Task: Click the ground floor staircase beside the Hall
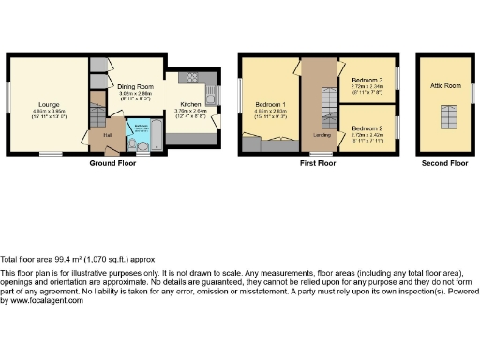98,117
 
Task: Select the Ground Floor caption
114,163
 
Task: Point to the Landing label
320,135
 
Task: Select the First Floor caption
319,163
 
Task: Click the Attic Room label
443,85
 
